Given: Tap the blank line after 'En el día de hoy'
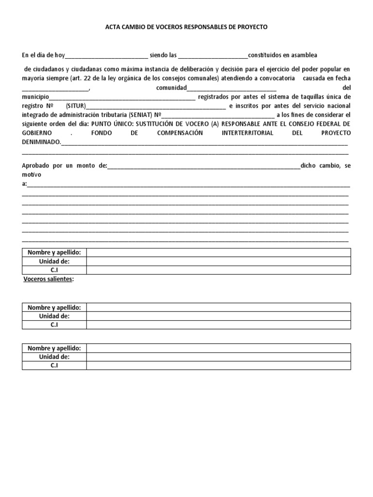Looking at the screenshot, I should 106,56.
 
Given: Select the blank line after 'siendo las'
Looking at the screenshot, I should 213,56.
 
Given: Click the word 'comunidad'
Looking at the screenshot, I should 171,88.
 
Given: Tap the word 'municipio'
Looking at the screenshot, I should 35,97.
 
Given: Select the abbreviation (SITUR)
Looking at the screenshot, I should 76,106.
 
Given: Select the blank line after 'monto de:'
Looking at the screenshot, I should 203,166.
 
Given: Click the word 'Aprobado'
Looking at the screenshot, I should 35,166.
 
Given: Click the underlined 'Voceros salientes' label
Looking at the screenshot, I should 48,280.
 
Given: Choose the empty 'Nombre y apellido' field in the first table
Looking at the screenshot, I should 219,252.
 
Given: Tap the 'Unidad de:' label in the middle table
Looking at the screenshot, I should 54,316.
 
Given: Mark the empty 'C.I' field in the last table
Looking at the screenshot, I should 219,365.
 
